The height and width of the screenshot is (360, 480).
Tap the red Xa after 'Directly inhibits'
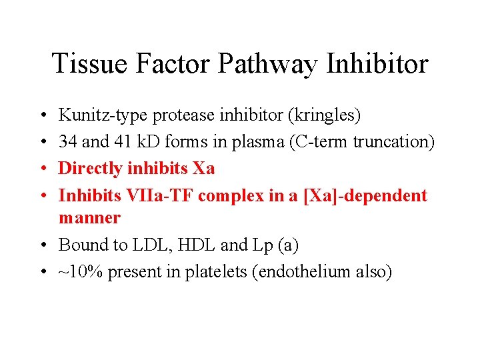pyautogui.click(x=203, y=169)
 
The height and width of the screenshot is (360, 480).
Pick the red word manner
pyautogui.click(x=89, y=217)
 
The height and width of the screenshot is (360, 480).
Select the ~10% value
pyautogui.click(x=82, y=271)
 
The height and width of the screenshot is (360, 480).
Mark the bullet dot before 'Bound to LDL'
pyautogui.click(x=43, y=245)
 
